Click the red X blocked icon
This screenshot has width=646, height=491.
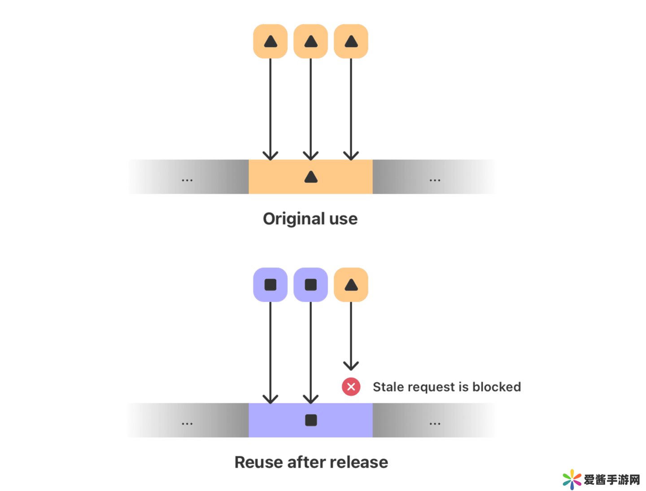click(351, 387)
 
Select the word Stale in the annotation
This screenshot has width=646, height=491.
click(388, 387)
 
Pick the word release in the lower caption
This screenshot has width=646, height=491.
click(361, 462)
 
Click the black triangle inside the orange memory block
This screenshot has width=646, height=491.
click(311, 177)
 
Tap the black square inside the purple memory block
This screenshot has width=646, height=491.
click(311, 420)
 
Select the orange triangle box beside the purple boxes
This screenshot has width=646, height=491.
click(351, 284)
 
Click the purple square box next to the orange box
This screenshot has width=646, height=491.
click(310, 284)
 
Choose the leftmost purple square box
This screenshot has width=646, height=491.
click(270, 284)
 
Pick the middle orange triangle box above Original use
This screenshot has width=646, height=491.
click(310, 41)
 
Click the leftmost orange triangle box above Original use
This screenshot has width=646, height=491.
click(270, 41)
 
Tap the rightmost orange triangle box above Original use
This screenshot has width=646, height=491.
click(351, 41)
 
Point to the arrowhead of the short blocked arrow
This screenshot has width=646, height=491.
click(351, 366)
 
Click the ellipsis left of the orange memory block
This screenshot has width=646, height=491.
click(187, 180)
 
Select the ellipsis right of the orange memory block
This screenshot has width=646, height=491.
click(435, 180)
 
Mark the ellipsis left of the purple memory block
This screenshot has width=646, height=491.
click(187, 423)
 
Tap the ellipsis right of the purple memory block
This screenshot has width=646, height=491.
click(435, 423)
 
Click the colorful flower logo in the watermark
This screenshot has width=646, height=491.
click(572, 479)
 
